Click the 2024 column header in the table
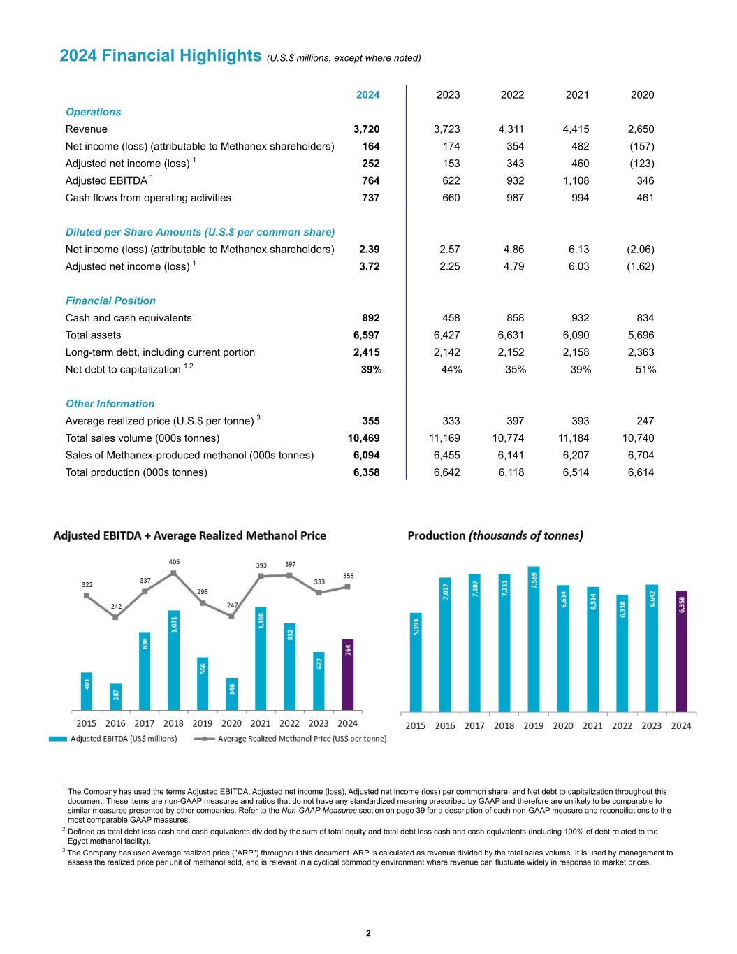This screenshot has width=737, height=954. tap(368, 95)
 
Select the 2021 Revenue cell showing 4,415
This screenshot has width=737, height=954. tap(576, 129)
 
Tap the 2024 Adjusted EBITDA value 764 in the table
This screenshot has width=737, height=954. tap(370, 181)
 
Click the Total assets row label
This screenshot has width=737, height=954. tap(93, 335)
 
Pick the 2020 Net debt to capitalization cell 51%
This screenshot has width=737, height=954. tap(644, 370)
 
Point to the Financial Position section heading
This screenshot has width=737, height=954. tap(110, 301)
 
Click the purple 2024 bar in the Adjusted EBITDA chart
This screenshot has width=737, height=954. tap(347, 674)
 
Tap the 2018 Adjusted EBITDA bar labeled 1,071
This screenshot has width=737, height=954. tap(173, 660)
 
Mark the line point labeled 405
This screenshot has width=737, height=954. tap(173, 573)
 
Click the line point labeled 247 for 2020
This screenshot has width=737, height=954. tap(231, 616)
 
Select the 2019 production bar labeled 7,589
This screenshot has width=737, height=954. tap(534, 639)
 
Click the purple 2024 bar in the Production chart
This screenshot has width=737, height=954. tap(681, 651)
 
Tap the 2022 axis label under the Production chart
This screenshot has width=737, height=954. tap(622, 725)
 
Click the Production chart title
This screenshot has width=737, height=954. tap(495, 535)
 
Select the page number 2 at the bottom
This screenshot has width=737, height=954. tap(368, 934)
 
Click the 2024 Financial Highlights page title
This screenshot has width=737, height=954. tap(161, 56)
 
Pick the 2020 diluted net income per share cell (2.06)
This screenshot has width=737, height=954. tap(641, 250)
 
